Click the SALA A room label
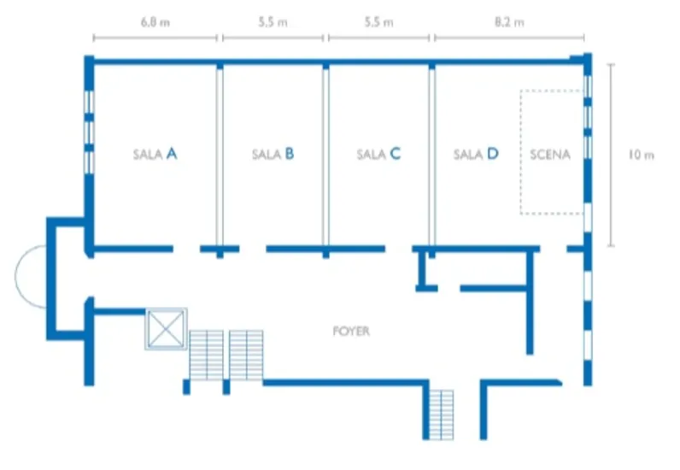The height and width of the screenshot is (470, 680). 155,155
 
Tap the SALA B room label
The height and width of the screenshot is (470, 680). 273,155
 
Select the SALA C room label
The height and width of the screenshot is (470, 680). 378,155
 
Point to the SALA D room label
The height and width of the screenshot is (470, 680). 476,155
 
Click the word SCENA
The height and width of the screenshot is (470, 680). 549,155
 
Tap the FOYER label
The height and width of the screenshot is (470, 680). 352,331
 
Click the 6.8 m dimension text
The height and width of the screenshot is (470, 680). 155,23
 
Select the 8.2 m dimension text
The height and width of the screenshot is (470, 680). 508,23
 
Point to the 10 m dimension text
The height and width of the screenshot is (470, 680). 641,155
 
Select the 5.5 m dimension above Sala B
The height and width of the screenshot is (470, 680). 273,23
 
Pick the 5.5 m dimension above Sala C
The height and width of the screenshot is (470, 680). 378,23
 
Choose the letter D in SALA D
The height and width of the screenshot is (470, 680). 492,155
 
